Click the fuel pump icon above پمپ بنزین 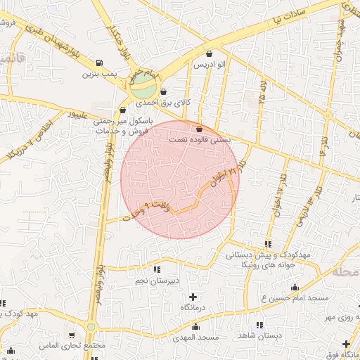point(98,62)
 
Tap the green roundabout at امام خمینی point(143,88)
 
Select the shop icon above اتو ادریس point(209,54)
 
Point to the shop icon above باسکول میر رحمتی point(123,110)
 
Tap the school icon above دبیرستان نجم point(156,269)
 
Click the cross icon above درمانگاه point(193,297)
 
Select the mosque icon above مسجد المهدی point(195,327)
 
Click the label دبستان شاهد point(260,335)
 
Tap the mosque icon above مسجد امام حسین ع point(295,287)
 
